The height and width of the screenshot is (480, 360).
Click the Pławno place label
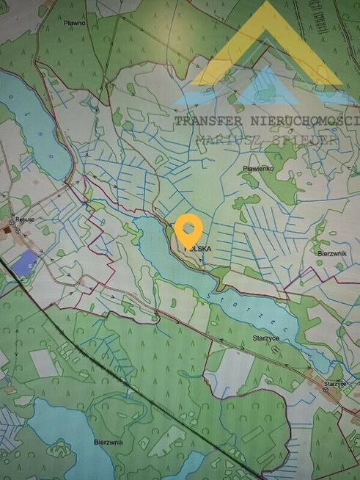coord(74,23)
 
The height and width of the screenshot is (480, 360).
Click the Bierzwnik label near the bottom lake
coord(109,441)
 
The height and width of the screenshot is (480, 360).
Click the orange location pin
coord(189,230)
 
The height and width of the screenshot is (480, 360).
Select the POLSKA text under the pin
coord(197,248)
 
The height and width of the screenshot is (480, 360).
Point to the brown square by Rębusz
coord(8,230)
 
